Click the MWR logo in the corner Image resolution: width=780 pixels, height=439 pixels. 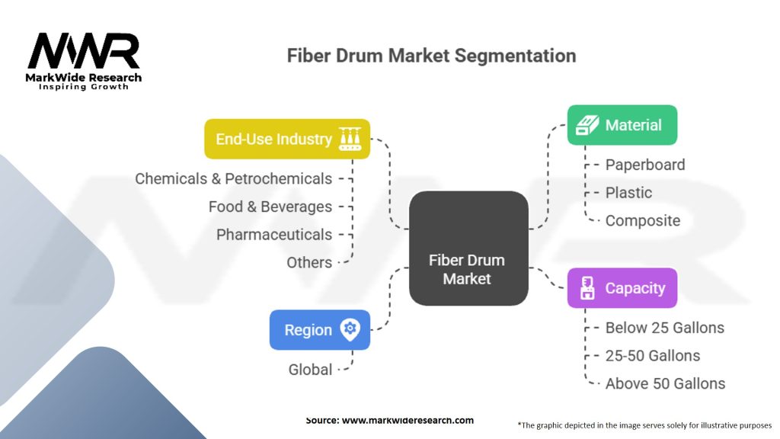85,59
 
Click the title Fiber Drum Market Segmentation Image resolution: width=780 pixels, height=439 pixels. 430,56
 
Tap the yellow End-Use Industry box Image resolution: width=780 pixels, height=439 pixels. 287,139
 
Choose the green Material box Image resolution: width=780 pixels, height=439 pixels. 622,125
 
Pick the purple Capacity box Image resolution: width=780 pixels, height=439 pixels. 622,288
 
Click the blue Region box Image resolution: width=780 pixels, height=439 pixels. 320,330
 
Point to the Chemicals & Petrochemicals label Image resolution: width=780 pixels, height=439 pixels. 233,178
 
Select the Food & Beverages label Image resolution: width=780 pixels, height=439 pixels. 270,207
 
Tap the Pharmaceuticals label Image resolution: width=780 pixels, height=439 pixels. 273,235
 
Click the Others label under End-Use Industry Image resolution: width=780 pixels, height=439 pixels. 308,262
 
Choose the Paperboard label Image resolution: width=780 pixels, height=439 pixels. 644,165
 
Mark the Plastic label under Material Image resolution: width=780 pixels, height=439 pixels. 628,193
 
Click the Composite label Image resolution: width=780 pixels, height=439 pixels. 642,221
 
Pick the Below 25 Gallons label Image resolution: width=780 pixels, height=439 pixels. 664,328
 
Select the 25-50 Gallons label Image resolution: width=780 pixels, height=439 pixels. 652,356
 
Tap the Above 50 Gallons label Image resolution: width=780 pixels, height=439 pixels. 665,383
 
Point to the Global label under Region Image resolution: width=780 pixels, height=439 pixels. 310,370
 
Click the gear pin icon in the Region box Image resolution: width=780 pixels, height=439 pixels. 350,329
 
